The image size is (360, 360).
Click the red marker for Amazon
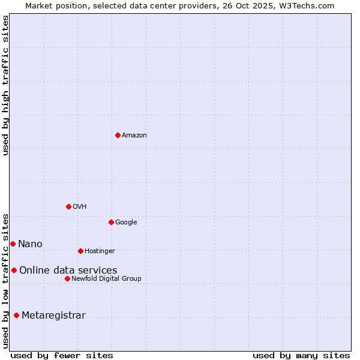(x=118, y=135)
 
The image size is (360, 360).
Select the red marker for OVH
(x=68, y=206)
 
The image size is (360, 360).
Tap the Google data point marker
(x=111, y=222)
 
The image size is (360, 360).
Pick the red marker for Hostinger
(x=80, y=251)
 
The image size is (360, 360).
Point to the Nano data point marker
(x=13, y=244)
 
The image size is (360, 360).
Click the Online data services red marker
(x=14, y=270)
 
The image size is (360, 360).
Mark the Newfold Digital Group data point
(x=67, y=278)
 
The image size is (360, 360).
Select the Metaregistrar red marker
(x=16, y=315)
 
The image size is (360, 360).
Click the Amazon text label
(x=134, y=136)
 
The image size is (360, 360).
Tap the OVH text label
(x=80, y=207)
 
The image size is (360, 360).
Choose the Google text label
(x=126, y=223)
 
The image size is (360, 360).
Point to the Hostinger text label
(x=100, y=251)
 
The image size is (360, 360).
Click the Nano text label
(x=30, y=244)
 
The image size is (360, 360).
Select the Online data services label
(x=68, y=271)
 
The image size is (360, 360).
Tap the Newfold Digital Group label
(x=106, y=279)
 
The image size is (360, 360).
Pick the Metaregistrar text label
(x=53, y=316)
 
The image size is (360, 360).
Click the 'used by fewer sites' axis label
(x=62, y=355)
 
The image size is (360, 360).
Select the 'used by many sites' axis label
(x=301, y=355)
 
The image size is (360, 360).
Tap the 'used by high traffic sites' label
(x=6, y=85)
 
